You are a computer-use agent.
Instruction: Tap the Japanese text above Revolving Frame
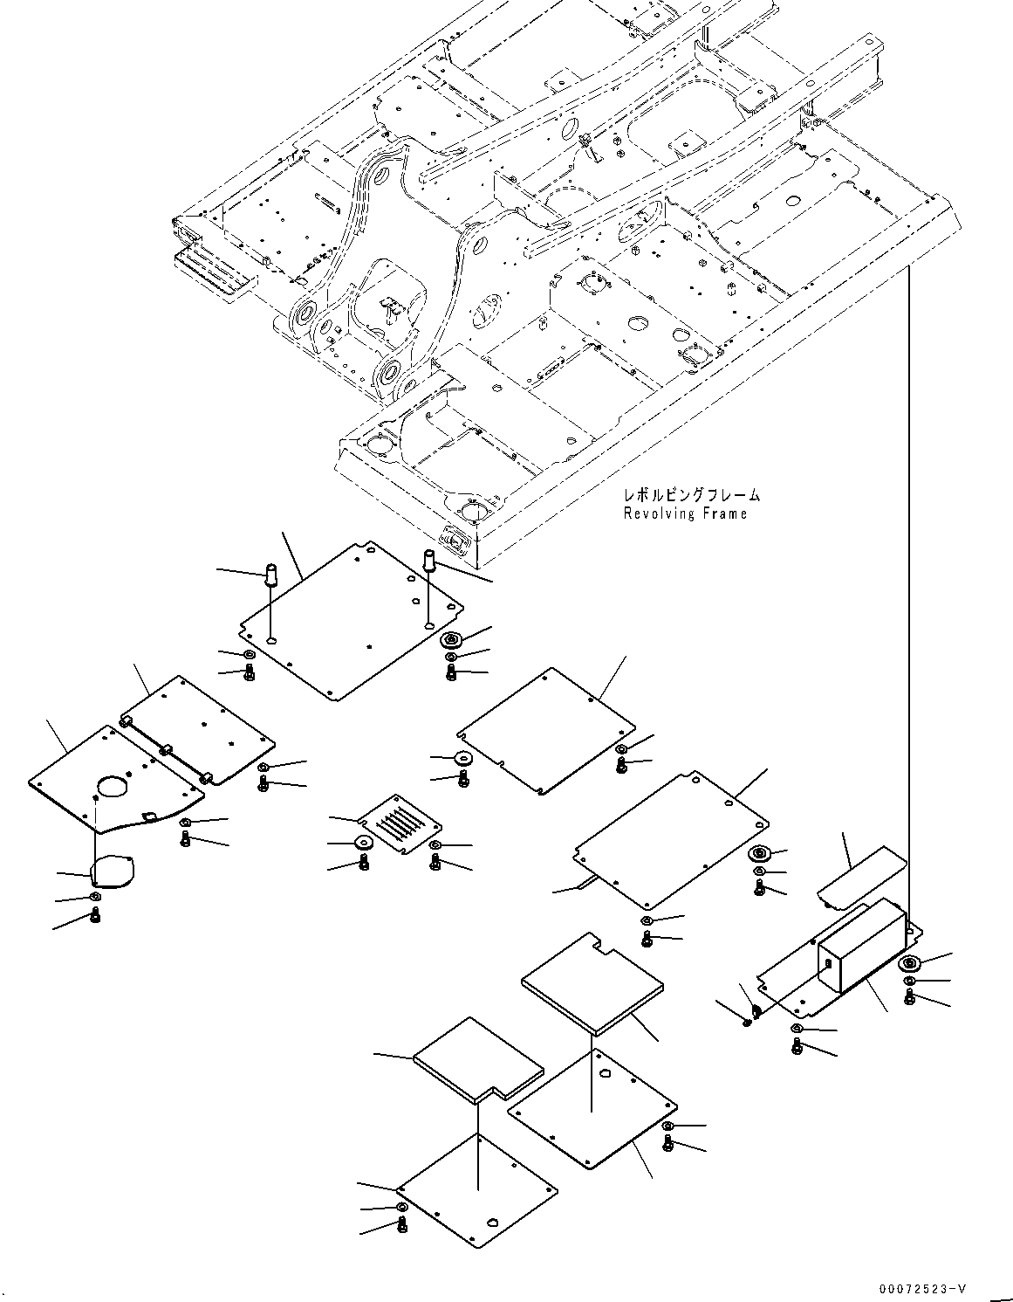[692, 495]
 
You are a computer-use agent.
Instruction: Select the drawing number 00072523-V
[922, 1288]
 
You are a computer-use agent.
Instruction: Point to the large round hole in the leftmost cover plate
[113, 786]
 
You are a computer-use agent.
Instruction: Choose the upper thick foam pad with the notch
[592, 984]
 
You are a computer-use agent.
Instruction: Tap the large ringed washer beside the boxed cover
[911, 964]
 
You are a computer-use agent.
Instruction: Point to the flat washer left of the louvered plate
[362, 843]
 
